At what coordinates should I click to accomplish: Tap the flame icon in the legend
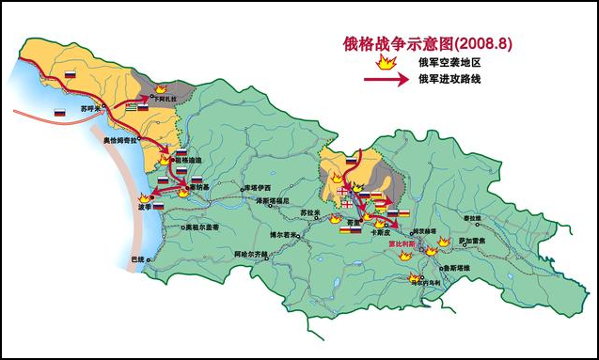(385, 62)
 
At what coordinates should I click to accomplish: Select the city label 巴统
(137, 258)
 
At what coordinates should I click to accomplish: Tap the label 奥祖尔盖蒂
(201, 227)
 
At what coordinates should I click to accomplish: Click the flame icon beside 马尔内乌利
(412, 277)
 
